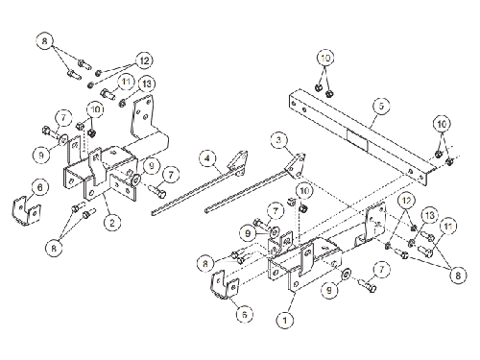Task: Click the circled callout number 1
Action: pyautogui.click(x=284, y=319)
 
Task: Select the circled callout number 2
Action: pyautogui.click(x=112, y=222)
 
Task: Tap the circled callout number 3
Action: pyautogui.click(x=278, y=140)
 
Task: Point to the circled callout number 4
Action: pyautogui.click(x=207, y=158)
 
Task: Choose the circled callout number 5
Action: pyautogui.click(x=381, y=106)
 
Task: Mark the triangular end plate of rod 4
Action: pyautogui.click(x=238, y=163)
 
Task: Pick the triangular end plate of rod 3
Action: pyautogui.click(x=296, y=166)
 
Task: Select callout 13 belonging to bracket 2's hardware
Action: pyautogui.click(x=147, y=84)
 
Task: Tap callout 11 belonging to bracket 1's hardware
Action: pyautogui.click(x=448, y=227)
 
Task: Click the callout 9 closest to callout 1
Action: pyautogui.click(x=329, y=290)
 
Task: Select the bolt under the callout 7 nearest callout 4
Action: pyautogui.click(x=157, y=190)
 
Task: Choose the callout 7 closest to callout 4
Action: pyautogui.click(x=171, y=175)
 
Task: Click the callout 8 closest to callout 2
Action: pyautogui.click(x=54, y=247)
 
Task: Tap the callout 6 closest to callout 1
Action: pyautogui.click(x=244, y=314)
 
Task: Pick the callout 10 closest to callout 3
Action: pyautogui.click(x=303, y=191)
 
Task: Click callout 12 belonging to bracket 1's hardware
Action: pyautogui.click(x=406, y=201)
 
